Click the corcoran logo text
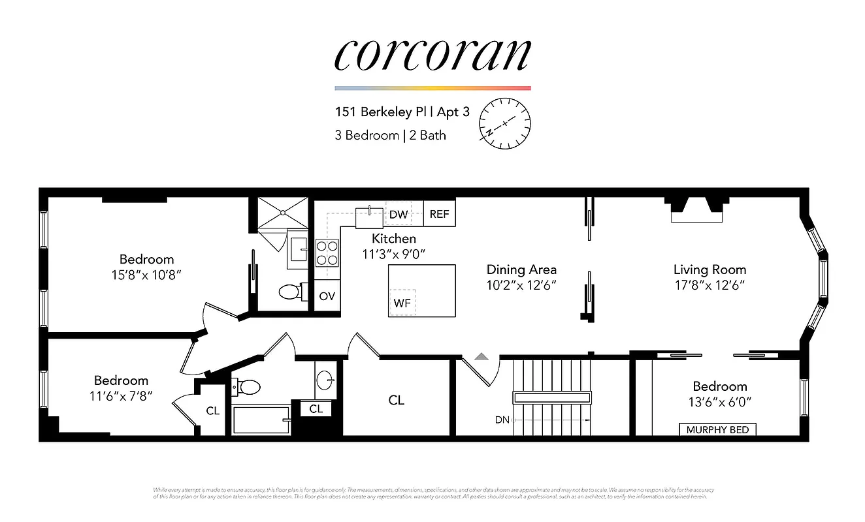pos(432,55)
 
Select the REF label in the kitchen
pos(440,214)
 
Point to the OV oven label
pos(327,296)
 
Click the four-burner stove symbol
pos(327,253)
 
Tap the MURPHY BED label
pos(717,430)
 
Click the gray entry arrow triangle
pos(481,356)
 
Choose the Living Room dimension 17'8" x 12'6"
pos(710,284)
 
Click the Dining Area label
pos(521,269)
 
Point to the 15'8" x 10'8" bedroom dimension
pos(146,275)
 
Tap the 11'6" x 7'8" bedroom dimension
pos(122,395)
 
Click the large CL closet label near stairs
pos(396,400)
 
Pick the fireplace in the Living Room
pos(697,209)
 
